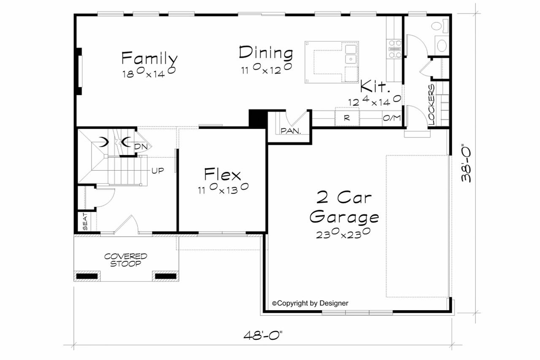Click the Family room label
coord(149,58)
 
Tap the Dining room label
coord(266,53)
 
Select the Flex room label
coord(222,175)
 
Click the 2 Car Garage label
coord(344,207)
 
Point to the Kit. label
coord(374,87)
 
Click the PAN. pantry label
coord(291,131)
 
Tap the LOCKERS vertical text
coord(432,105)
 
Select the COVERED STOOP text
coord(126,260)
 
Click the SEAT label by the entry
coord(85,222)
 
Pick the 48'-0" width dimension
coord(263,336)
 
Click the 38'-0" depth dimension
coord(467,164)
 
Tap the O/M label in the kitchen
coord(391,118)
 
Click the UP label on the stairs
coord(158,170)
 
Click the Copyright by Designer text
coord(310,303)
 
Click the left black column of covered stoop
coord(88,276)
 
